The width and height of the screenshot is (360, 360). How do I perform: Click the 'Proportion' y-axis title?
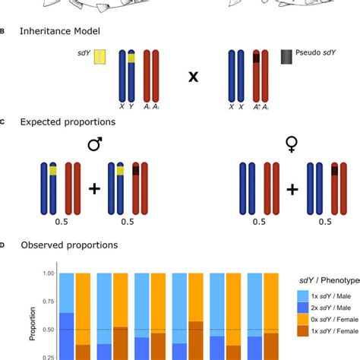click(31, 315)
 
